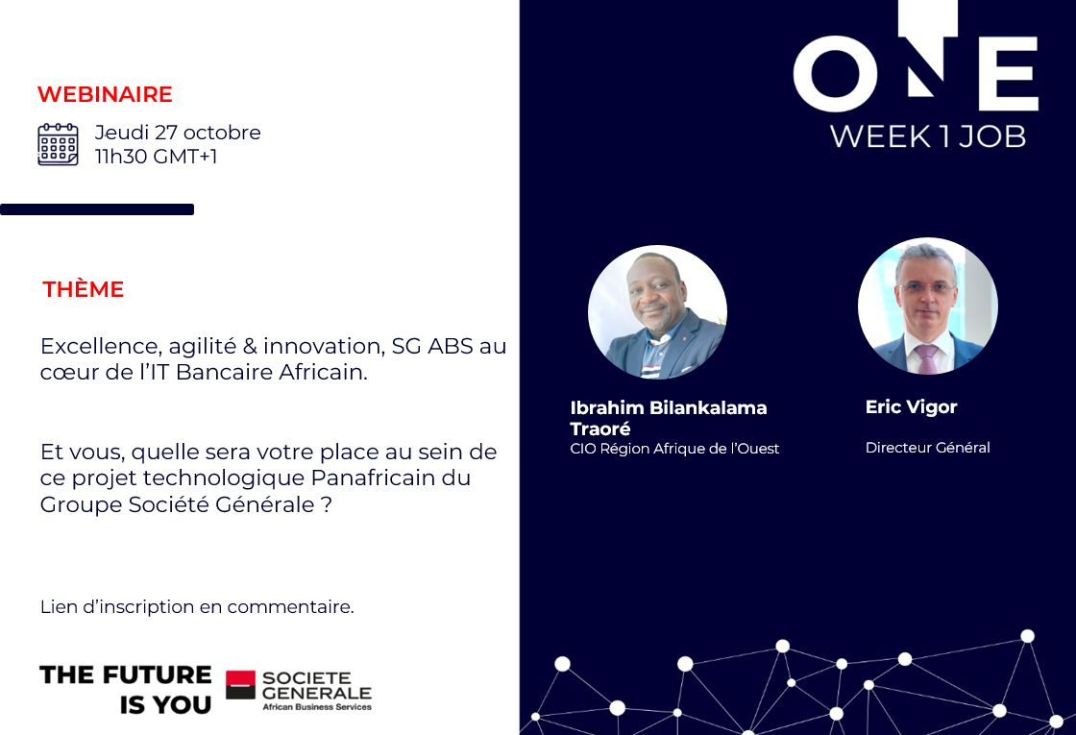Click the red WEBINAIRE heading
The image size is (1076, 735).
pos(105,94)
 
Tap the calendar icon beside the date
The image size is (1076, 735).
pos(58,144)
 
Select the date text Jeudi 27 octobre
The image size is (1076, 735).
pos(178,132)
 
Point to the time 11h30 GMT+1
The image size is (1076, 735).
pos(156,157)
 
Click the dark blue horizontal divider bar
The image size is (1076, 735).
pos(97,209)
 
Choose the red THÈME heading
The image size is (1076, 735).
pos(83,289)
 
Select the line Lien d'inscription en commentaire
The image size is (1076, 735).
pos(197,606)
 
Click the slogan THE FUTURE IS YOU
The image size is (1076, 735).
pos(126,690)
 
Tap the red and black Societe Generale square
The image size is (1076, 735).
pos(240,685)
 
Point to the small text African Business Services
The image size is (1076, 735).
pos(317,707)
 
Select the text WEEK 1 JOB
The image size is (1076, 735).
pos(928,136)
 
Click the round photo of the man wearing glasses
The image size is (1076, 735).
pos(928,306)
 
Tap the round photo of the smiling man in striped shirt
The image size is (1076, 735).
pos(657,311)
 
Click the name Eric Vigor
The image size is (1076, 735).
pos(912,407)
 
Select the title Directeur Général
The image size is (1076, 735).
pos(928,448)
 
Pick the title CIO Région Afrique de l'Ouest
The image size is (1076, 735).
pos(674,449)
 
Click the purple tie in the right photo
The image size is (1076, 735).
pos(927,359)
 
